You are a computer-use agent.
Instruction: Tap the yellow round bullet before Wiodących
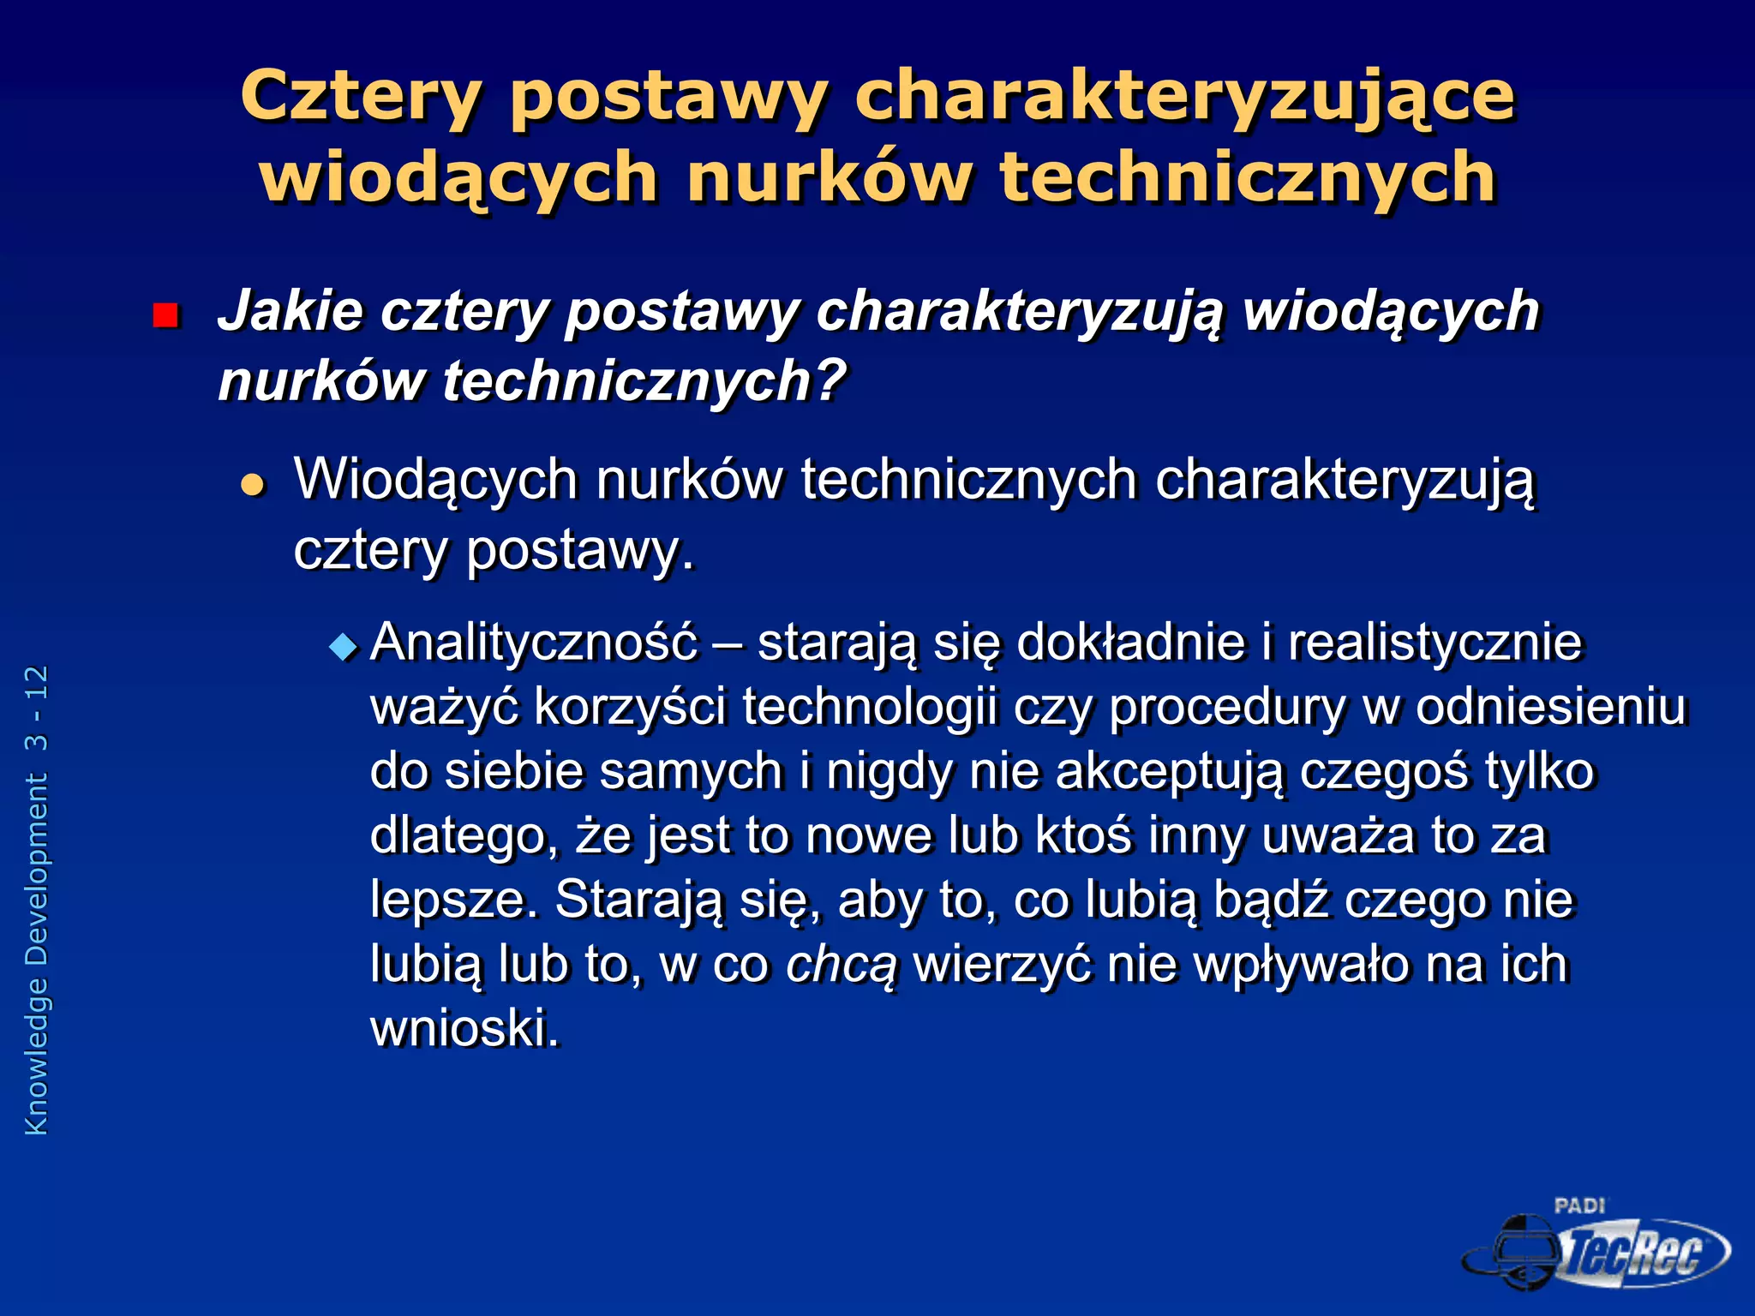[x=253, y=486]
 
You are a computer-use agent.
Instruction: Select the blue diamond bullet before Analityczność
[x=344, y=647]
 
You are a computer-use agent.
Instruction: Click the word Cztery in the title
[x=361, y=97]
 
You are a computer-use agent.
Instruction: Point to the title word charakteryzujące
[x=1184, y=97]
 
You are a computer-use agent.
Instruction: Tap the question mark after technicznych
[x=830, y=380]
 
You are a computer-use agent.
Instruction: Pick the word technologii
[x=871, y=708]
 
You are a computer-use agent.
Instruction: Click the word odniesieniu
[x=1550, y=708]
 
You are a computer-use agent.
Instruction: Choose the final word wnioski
[x=464, y=1028]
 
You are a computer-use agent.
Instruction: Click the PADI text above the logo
[x=1579, y=1206]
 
